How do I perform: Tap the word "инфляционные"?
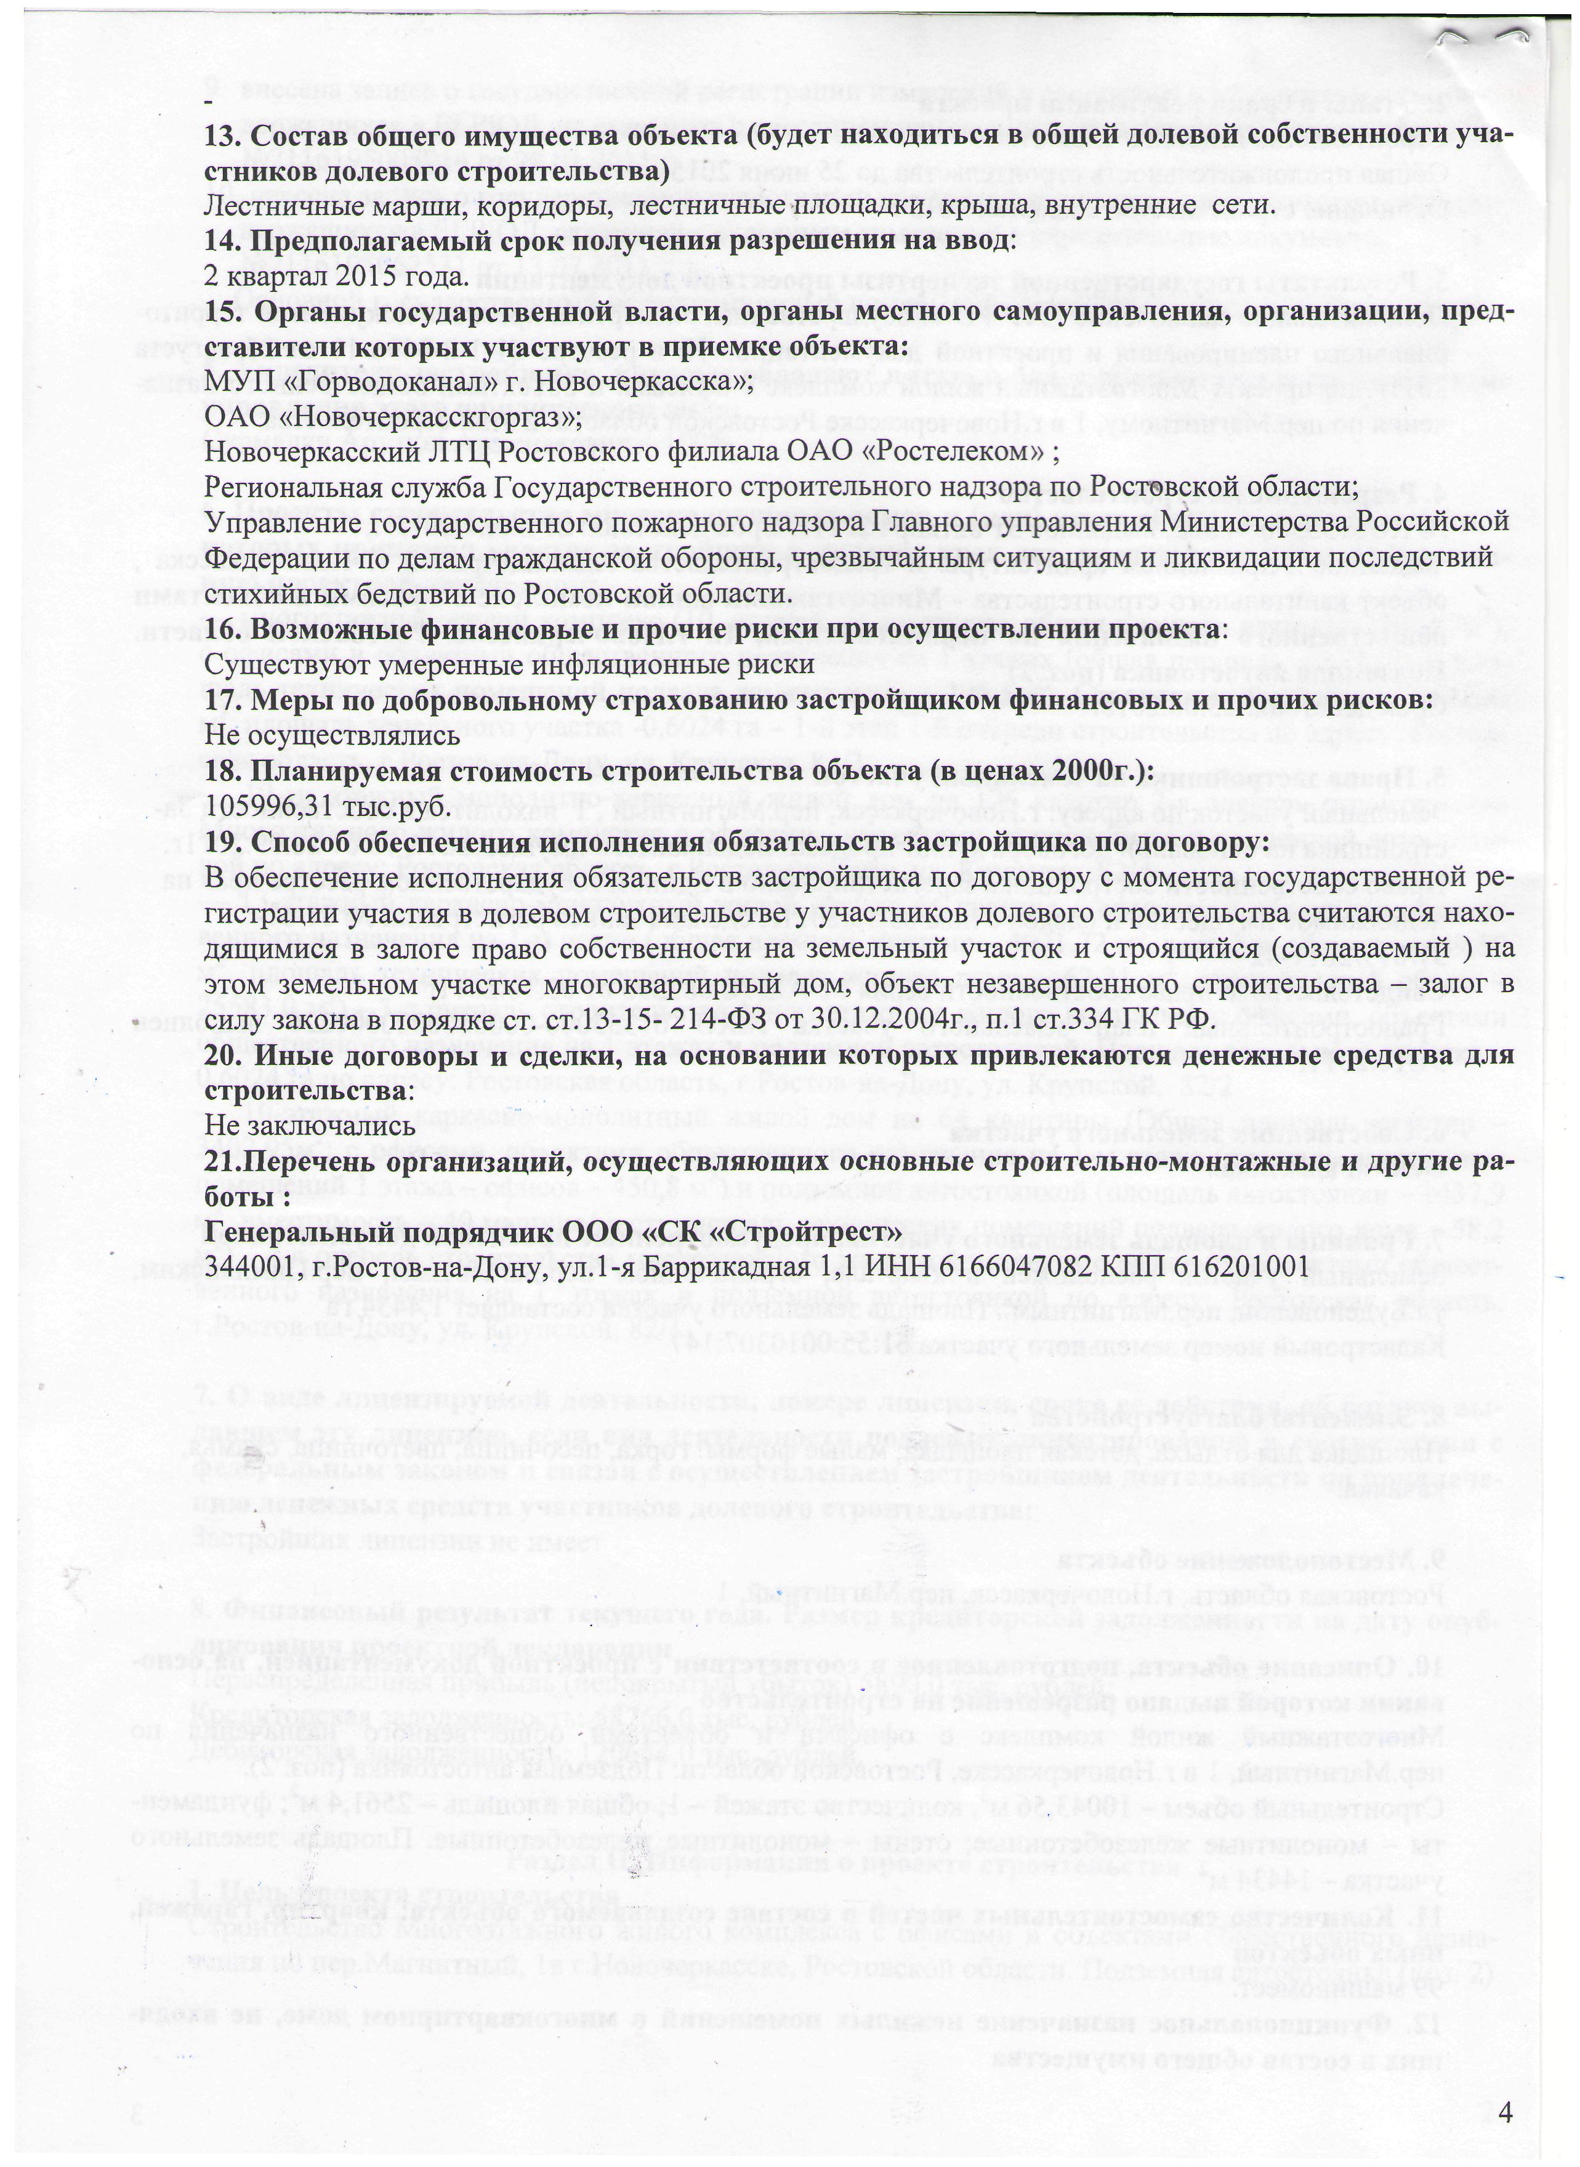tap(597, 664)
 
